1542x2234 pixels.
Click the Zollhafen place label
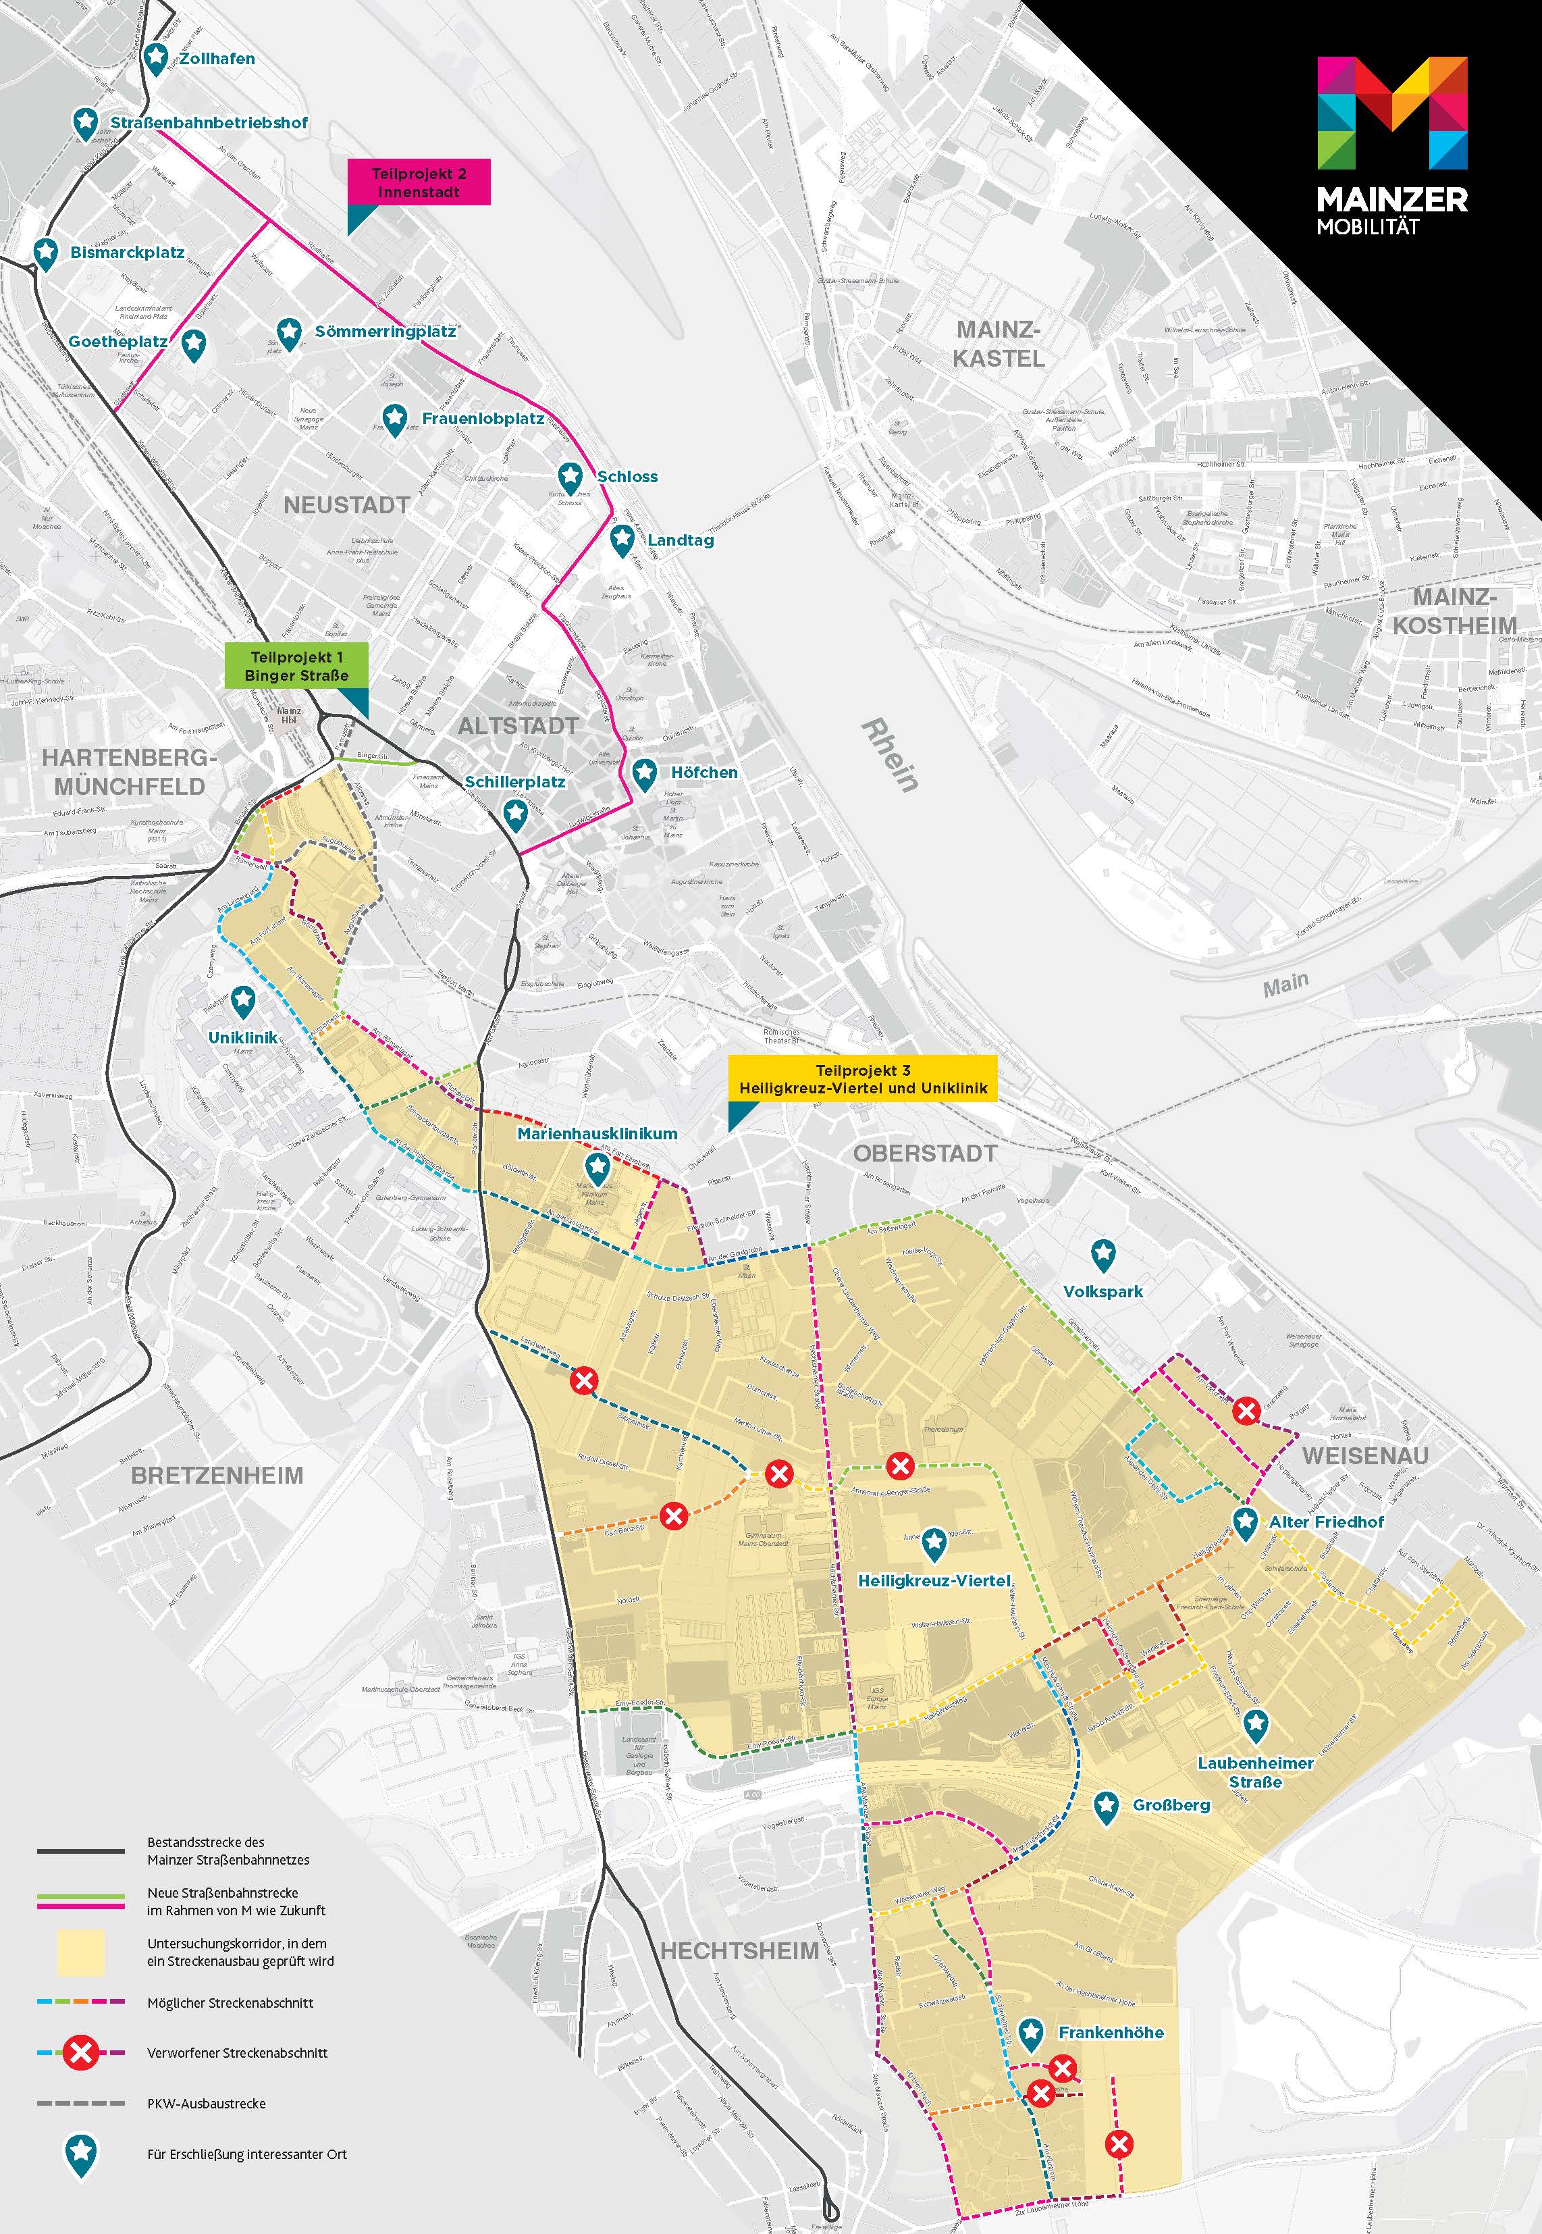pyautogui.click(x=217, y=59)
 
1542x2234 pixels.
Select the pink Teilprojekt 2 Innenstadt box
pyautogui.click(x=419, y=182)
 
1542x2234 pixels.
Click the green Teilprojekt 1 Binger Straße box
pyautogui.click(x=296, y=666)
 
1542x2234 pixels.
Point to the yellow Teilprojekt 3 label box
pyautogui.click(x=863, y=1079)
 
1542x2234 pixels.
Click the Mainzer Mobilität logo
pyautogui.click(x=1392, y=145)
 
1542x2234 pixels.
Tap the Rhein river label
pyautogui.click(x=890, y=754)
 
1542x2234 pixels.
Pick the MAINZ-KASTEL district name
pyautogui.click(x=998, y=345)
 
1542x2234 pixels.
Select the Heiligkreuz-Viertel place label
pyautogui.click(x=934, y=1581)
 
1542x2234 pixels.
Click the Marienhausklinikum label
pyautogui.click(x=597, y=1133)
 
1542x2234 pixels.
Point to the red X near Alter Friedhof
pyautogui.click(x=1246, y=1411)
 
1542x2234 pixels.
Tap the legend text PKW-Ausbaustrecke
pyautogui.click(x=206, y=2104)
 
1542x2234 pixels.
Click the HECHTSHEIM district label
pyautogui.click(x=739, y=1951)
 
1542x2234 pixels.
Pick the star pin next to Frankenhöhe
pyautogui.click(x=1031, y=2033)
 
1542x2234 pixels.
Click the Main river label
pyautogui.click(x=1286, y=985)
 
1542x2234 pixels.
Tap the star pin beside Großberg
pyautogui.click(x=1107, y=1805)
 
